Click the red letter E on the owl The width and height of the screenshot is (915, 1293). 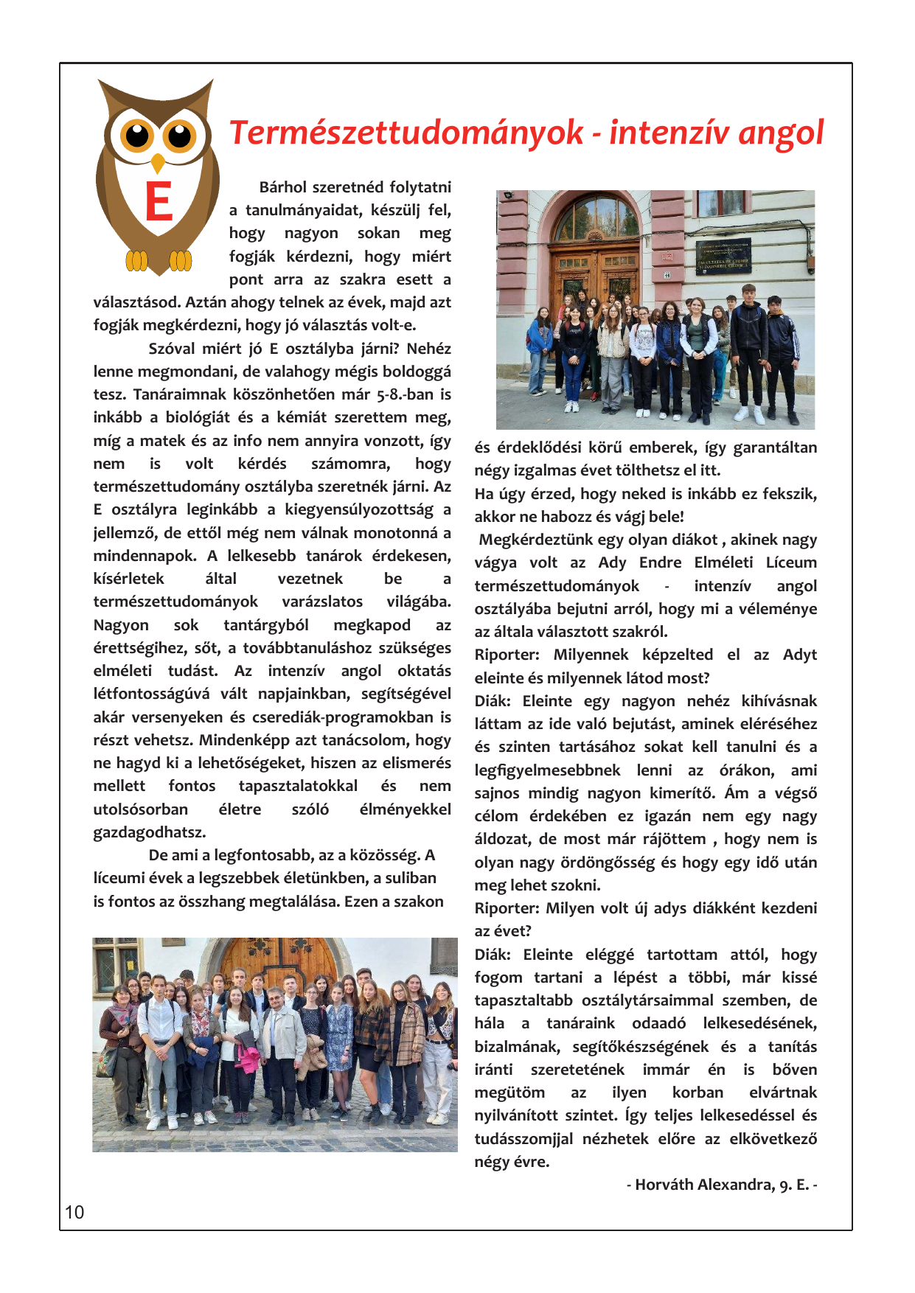point(159,201)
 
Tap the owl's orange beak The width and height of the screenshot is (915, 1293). point(158,163)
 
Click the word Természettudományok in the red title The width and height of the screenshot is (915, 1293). point(406,133)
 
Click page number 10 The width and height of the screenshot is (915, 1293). point(74,1213)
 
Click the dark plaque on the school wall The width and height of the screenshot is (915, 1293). point(723,256)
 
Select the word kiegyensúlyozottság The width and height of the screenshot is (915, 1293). point(359,509)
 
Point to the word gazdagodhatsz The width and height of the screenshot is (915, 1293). point(150,832)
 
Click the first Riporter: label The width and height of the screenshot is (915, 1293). point(507,655)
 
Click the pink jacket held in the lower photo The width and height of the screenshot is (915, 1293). point(248,1056)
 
